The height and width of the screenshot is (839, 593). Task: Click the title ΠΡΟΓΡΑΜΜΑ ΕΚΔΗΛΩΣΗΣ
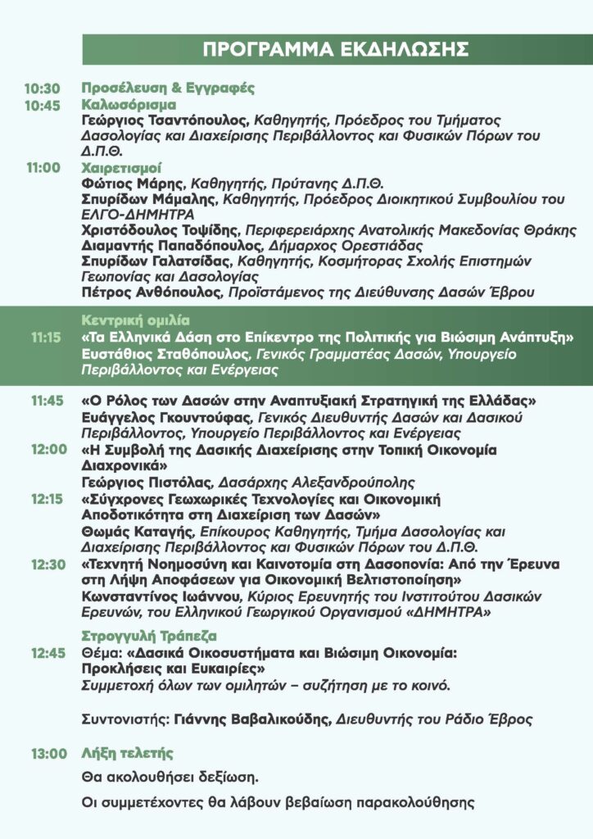pyautogui.click(x=336, y=49)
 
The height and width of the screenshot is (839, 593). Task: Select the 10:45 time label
pyautogui.click(x=42, y=105)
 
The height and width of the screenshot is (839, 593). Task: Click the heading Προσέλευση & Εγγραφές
pyautogui.click(x=169, y=88)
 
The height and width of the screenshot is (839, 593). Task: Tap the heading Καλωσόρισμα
pyautogui.click(x=128, y=104)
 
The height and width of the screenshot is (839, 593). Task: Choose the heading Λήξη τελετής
pyautogui.click(x=127, y=753)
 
